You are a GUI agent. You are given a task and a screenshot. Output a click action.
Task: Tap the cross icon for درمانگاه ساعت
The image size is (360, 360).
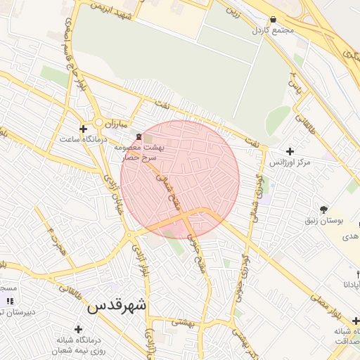point(84,129)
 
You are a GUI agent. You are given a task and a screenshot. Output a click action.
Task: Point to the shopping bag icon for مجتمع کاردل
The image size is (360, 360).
point(273,20)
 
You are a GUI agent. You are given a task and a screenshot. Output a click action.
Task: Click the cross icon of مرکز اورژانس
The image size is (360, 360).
point(290,151)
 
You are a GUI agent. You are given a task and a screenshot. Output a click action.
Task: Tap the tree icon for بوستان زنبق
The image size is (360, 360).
point(324,209)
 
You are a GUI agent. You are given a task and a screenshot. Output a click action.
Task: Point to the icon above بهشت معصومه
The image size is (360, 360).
point(139,136)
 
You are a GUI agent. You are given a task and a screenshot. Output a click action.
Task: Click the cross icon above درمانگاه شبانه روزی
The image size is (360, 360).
point(78,329)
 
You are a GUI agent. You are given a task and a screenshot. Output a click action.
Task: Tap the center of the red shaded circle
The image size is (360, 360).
point(180,179)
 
